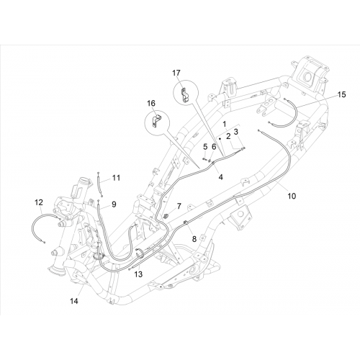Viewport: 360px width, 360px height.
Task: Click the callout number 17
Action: pyautogui.click(x=176, y=73)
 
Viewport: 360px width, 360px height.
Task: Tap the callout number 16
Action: pyautogui.click(x=151, y=104)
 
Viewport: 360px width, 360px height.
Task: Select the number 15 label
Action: pyautogui.click(x=342, y=94)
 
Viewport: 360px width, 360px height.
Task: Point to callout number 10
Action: pyautogui.click(x=292, y=196)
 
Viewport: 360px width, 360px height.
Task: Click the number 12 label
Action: pyautogui.click(x=39, y=202)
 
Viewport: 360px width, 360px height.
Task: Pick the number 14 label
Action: pyautogui.click(x=74, y=301)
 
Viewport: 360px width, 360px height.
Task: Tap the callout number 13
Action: pyautogui.click(x=138, y=274)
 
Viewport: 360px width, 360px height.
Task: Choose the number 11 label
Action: pyautogui.click(x=116, y=178)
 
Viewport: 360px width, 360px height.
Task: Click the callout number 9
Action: pyautogui.click(x=114, y=204)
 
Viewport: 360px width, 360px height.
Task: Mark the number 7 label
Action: pyautogui.click(x=179, y=206)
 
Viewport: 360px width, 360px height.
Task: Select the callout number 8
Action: pyautogui.click(x=194, y=239)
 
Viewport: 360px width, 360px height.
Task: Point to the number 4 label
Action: pyautogui.click(x=220, y=177)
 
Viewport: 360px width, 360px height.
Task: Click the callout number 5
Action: pyautogui.click(x=205, y=146)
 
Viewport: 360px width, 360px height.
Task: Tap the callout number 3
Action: pyautogui.click(x=236, y=132)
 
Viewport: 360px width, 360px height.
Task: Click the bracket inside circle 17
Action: pyautogui.click(x=184, y=95)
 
